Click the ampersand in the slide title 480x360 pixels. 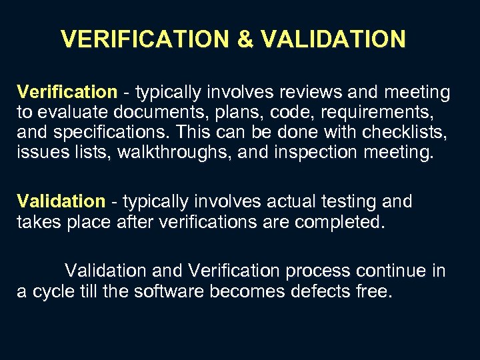click(x=245, y=39)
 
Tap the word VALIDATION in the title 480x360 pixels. click(x=333, y=39)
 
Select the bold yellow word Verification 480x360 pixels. click(x=67, y=92)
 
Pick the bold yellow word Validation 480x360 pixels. click(x=61, y=201)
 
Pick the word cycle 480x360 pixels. click(x=48, y=292)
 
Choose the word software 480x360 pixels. click(x=165, y=292)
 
